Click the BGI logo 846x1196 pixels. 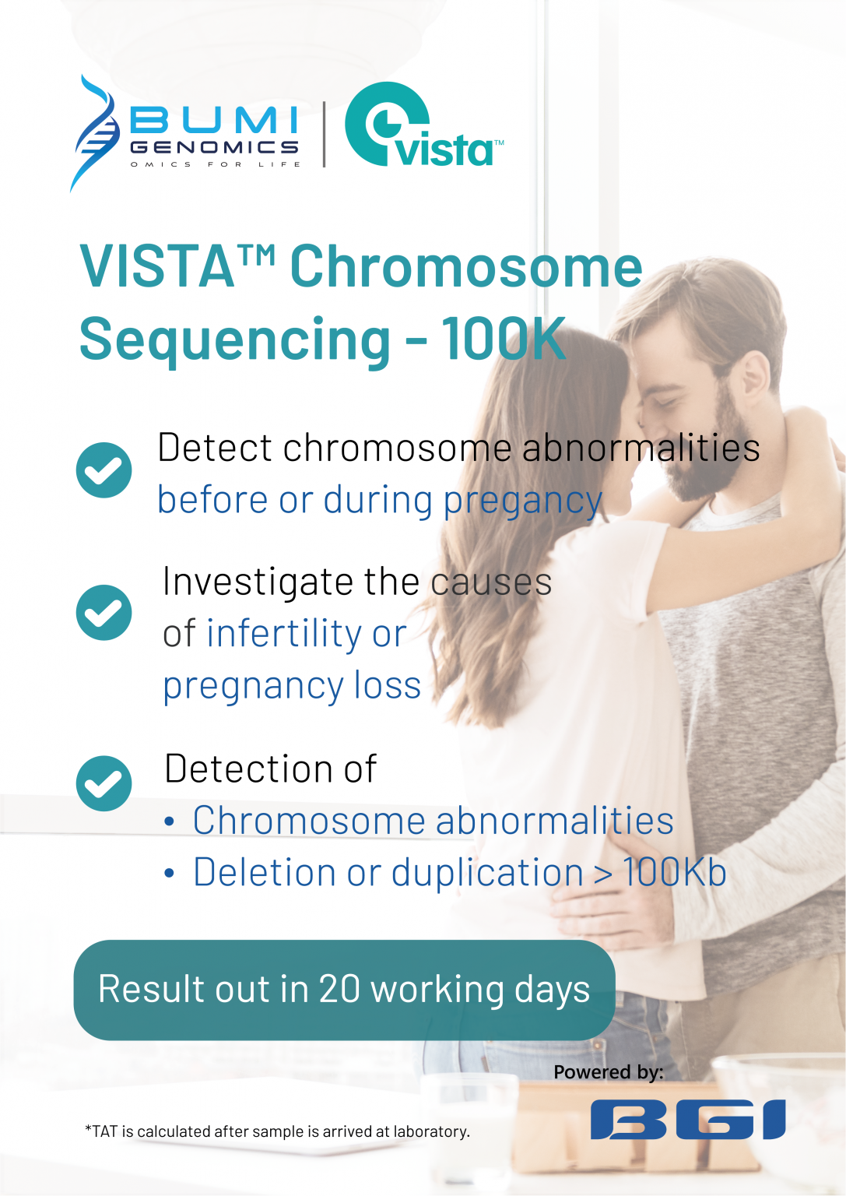tap(688, 1120)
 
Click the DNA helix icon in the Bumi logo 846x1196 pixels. tap(95, 132)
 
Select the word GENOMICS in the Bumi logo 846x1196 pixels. tap(215, 147)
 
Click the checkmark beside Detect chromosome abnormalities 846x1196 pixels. tap(104, 470)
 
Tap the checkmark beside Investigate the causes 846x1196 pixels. tap(104, 612)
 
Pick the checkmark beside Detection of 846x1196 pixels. tap(104, 783)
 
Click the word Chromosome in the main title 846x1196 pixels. tap(465, 267)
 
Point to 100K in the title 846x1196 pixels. tap(504, 339)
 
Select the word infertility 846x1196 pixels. tap(284, 634)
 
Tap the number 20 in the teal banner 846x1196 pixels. tap(339, 989)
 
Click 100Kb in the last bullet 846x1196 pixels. tap(674, 872)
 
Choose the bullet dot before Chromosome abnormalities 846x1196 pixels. tap(170, 822)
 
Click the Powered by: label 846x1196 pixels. tap(608, 1072)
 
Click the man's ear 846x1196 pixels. tap(753, 373)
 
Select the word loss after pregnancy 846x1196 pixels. tap(387, 686)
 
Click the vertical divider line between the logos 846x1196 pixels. tap(324, 134)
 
